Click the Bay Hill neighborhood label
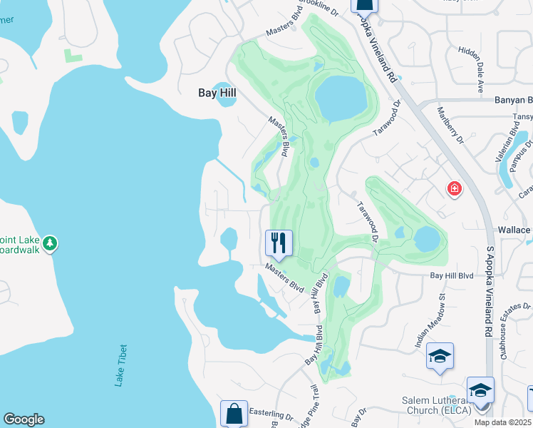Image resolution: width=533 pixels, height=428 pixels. tap(217, 93)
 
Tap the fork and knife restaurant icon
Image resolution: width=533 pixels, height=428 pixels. tap(279, 243)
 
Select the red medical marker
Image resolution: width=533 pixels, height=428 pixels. tap(454, 189)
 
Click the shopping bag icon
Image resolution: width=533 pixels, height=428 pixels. tap(234, 413)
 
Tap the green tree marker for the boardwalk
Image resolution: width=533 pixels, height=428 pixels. tap(49, 244)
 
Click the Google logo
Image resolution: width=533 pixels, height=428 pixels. tap(24, 419)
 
